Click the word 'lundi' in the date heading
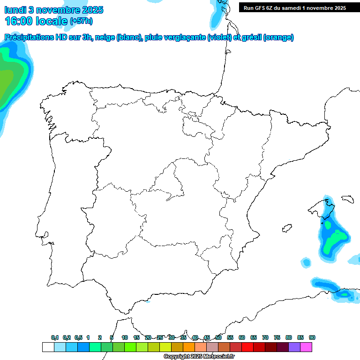[x=15, y=10]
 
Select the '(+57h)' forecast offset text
[x=81, y=21]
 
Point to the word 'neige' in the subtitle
[x=105, y=37]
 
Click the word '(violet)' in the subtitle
[x=218, y=37]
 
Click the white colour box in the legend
[x=48, y=347]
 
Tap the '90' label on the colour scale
[x=312, y=337]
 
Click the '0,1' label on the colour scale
[x=55, y=337]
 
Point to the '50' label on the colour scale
[x=218, y=337]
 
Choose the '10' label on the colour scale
[x=125, y=337]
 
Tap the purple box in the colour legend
[x=294, y=347]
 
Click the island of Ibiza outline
[x=286, y=229]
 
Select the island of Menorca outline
[x=347, y=199]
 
